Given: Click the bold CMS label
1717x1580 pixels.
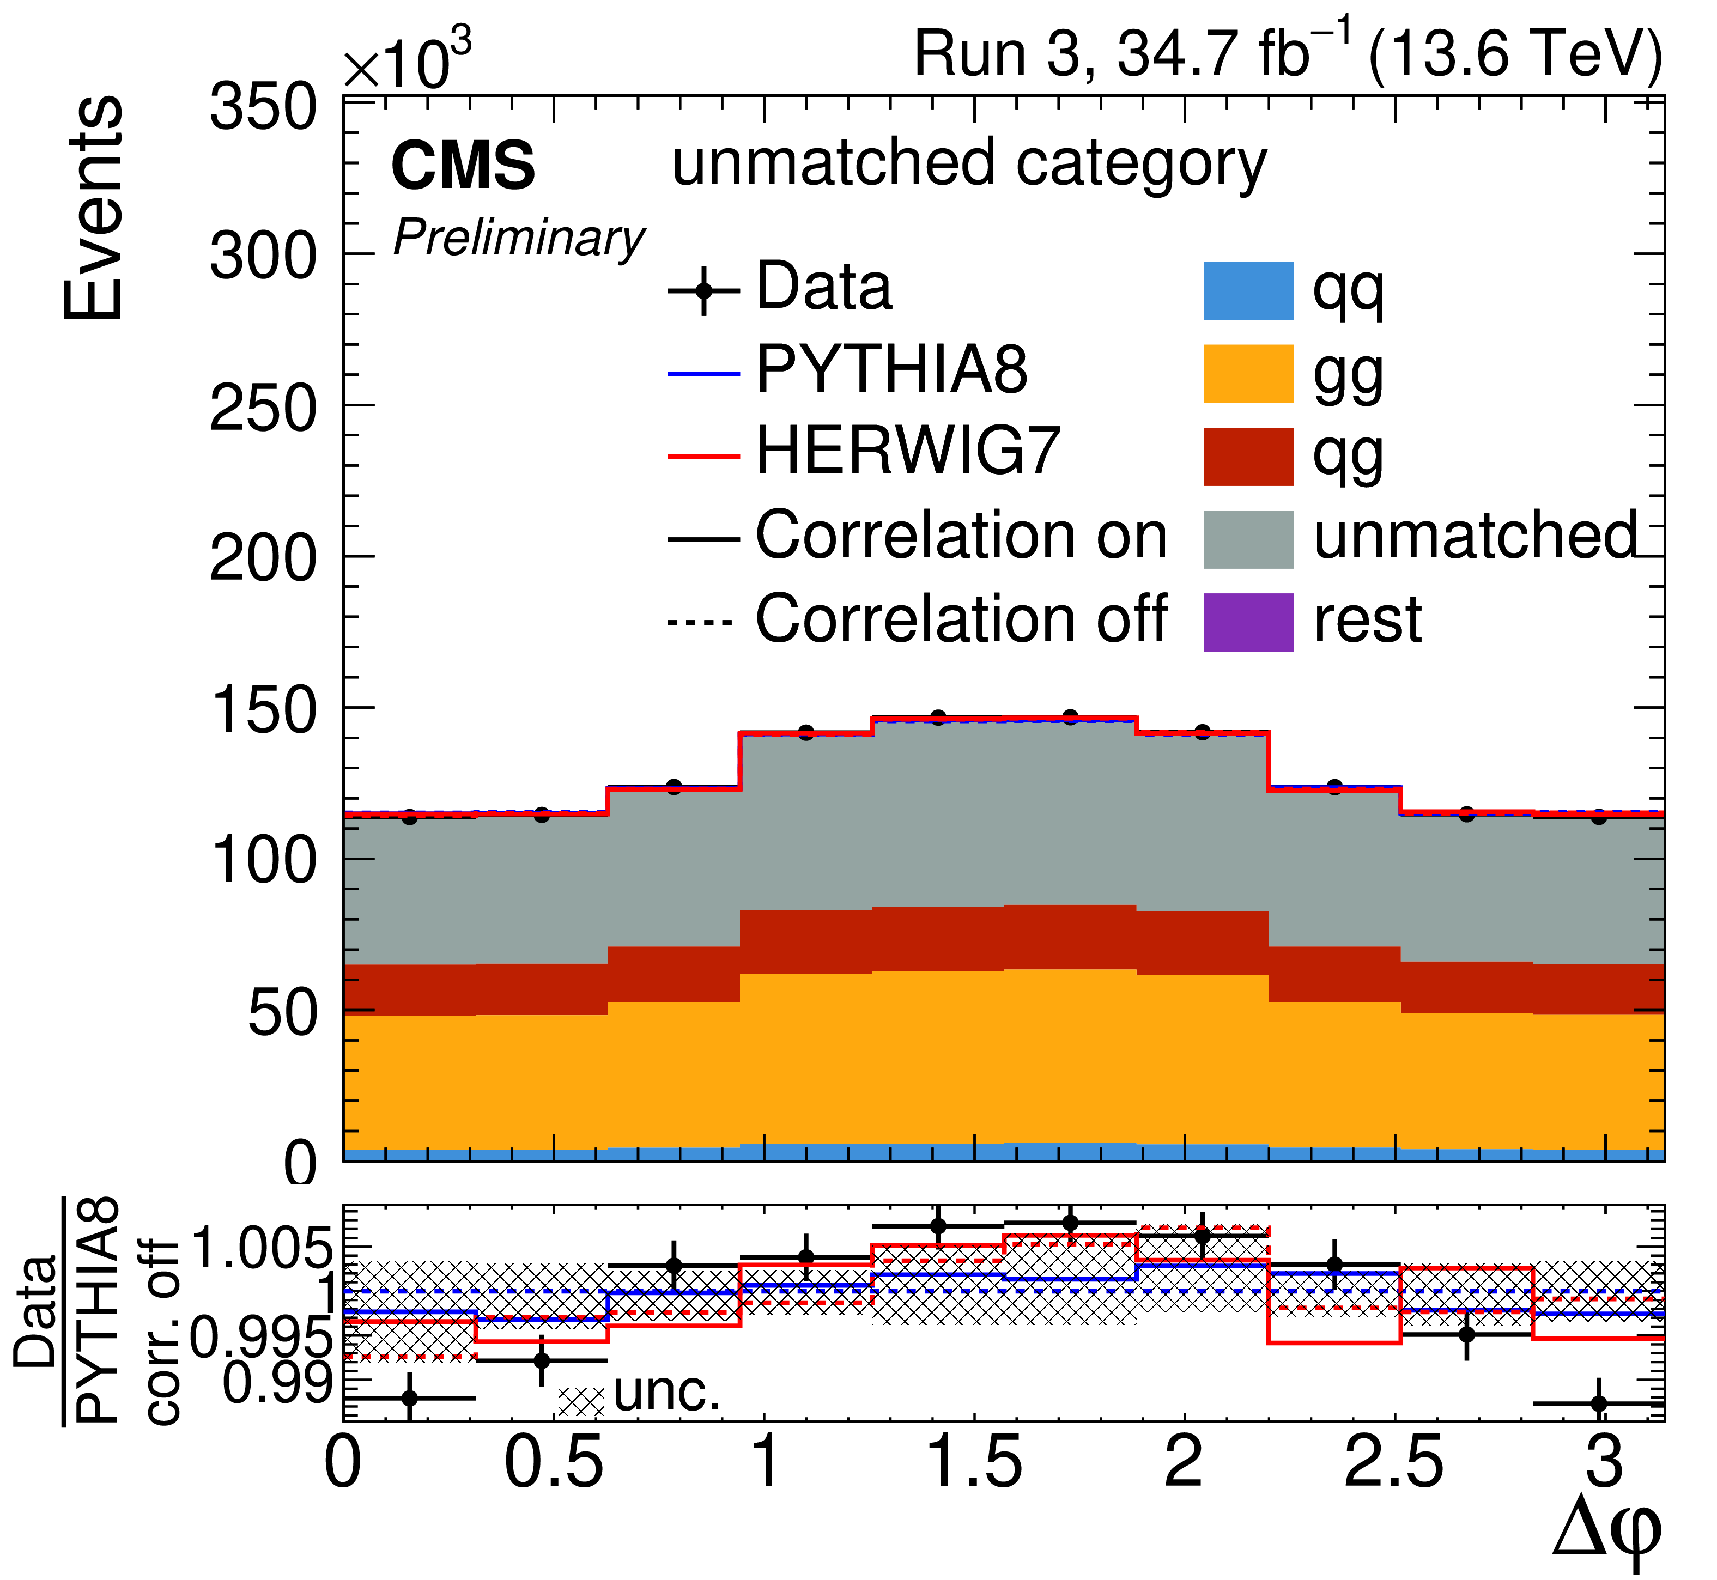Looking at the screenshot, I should tap(463, 167).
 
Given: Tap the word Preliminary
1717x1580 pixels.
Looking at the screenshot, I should tap(518, 239).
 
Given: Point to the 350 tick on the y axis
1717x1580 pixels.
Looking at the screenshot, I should tap(262, 108).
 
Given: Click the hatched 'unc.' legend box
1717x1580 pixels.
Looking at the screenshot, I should tap(581, 1400).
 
